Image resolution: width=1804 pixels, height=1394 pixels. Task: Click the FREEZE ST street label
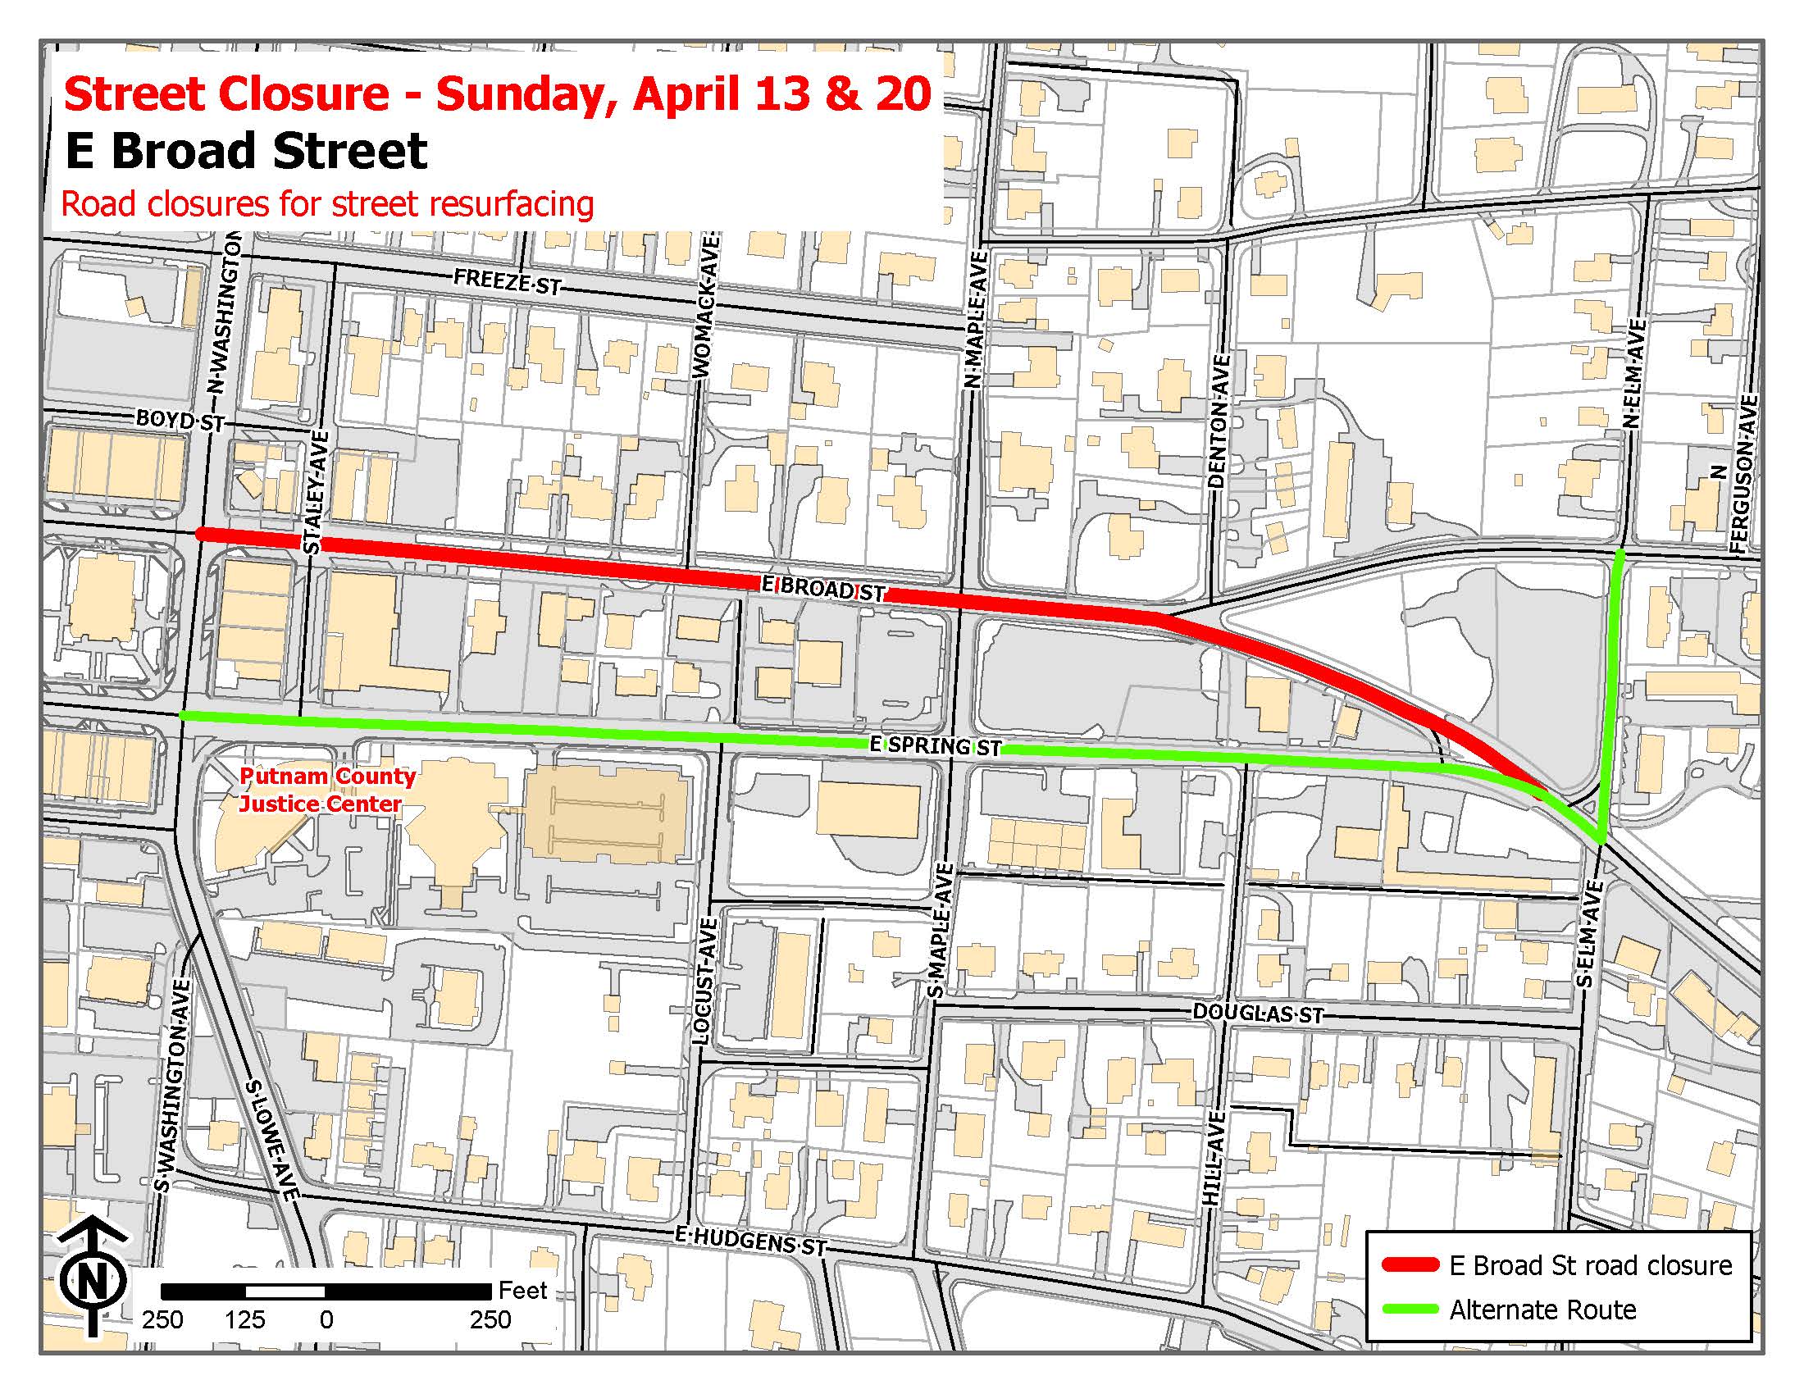click(507, 282)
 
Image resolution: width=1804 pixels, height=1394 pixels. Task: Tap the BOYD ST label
click(180, 421)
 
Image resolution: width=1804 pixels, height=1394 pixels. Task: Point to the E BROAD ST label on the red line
click(822, 589)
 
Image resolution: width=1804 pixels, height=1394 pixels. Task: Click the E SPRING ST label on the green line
click(935, 745)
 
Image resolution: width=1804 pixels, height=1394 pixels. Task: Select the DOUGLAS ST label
click(1257, 1014)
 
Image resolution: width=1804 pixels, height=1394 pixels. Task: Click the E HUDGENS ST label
click(750, 1241)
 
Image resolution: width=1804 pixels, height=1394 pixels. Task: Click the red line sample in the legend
click(1409, 1265)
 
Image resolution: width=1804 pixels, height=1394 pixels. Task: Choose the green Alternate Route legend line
click(1409, 1310)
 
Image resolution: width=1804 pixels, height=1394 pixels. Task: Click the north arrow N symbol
click(93, 1281)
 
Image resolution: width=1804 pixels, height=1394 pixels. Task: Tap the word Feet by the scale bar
click(522, 1290)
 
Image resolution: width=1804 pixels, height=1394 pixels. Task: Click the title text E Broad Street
click(246, 151)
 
